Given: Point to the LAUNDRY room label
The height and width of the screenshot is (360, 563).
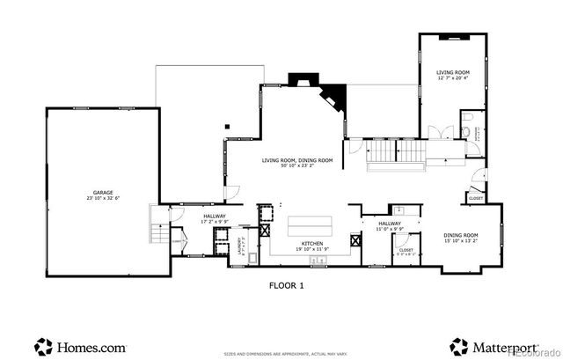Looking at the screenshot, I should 239,246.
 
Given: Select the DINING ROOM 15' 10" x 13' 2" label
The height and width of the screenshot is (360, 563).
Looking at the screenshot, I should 460,238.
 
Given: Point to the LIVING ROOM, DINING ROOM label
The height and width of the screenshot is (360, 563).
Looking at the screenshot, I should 297,162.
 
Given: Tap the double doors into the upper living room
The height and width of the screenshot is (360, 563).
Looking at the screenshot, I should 441,132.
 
